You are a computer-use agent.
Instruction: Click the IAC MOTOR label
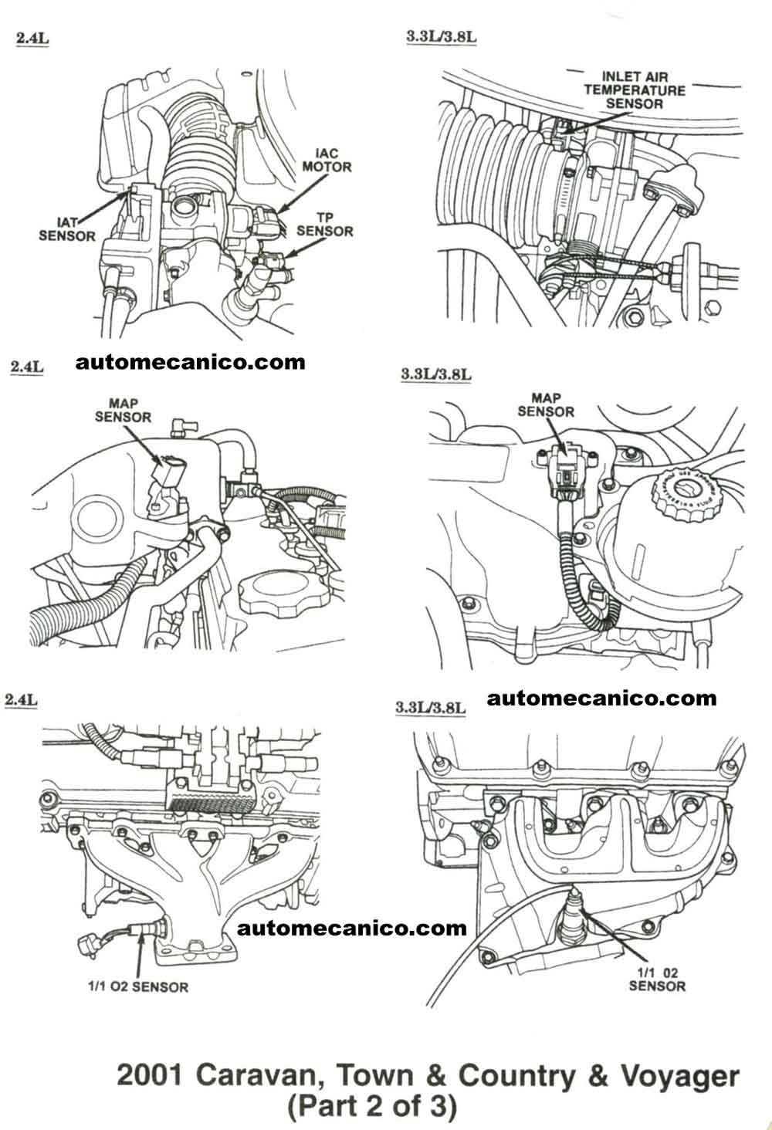coord(327,160)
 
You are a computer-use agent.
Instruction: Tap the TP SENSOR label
coord(325,224)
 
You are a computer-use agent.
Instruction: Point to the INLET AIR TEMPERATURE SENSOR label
coord(634,90)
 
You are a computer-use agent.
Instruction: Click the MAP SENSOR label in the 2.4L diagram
coord(123,410)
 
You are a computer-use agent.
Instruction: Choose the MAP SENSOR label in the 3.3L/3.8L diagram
coord(546,405)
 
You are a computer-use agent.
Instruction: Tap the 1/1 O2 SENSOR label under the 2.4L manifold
coord(137,986)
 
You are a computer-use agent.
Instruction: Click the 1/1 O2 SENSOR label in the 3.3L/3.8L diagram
coord(656,979)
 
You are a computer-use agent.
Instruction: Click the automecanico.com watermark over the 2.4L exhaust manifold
coord(352,927)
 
